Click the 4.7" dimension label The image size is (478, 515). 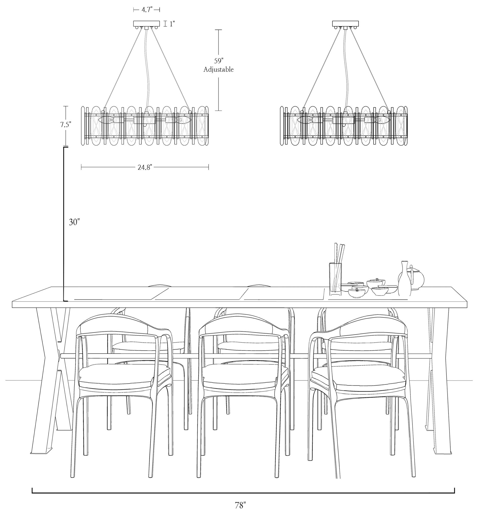coord(146,10)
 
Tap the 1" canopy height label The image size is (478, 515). coord(172,24)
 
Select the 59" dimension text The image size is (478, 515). coord(219,61)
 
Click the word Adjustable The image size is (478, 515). coord(219,70)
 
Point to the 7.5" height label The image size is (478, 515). coord(66,125)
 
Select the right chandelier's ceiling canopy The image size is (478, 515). coord(345,24)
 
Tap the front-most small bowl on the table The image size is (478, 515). coord(357,293)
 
